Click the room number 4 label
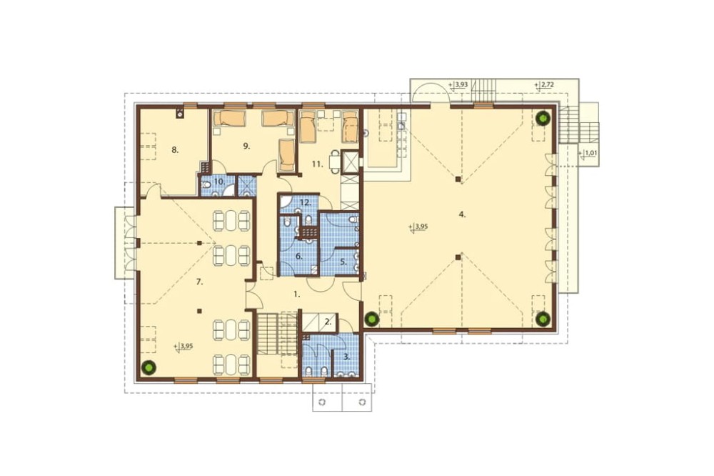coord(462,214)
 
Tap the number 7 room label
coord(199,282)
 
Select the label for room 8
coord(175,149)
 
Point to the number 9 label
coord(246,146)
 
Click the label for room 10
coord(219,182)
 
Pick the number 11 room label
coord(318,164)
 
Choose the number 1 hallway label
coord(296,294)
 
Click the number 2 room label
coord(328,321)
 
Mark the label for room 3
coord(347,357)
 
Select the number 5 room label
coord(344,262)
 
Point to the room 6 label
coord(299,257)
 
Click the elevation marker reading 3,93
coord(458,85)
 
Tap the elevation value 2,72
coord(544,85)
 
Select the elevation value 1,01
coord(588,153)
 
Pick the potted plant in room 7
coord(147,367)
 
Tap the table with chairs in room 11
coord(335,162)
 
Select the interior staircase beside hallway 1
coord(267,333)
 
